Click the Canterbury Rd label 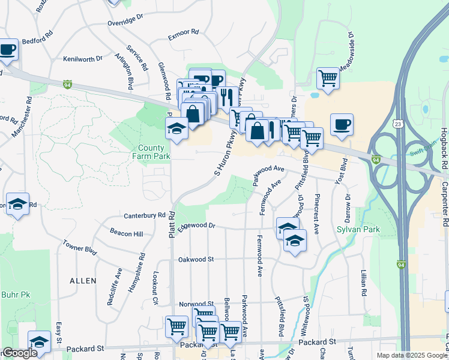click(x=144, y=215)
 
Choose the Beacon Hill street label click(x=127, y=233)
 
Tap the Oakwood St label click(x=196, y=259)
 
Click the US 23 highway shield click(x=398, y=124)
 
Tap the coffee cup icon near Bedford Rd click(x=7, y=50)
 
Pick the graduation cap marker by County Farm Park click(x=177, y=129)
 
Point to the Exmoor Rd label click(x=183, y=35)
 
